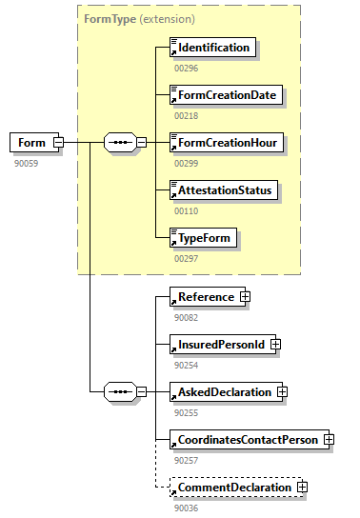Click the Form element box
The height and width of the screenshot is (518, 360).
[x=31, y=143]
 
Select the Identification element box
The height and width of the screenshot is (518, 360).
[x=212, y=47]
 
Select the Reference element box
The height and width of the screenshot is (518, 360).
[x=204, y=297]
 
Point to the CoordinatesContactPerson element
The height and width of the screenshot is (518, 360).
[x=245, y=439]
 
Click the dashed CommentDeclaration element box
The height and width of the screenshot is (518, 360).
[x=232, y=487]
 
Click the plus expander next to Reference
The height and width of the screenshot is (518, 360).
[x=245, y=297]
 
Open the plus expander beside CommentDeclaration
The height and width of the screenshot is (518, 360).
[x=303, y=487]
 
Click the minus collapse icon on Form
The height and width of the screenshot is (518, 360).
[x=59, y=143]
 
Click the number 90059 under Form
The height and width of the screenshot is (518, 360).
[x=26, y=163]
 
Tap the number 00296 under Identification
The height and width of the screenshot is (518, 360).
[x=186, y=68]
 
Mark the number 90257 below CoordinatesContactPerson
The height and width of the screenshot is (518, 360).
[x=186, y=460]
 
